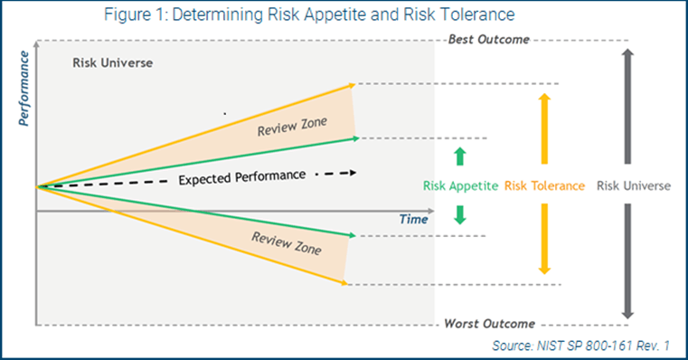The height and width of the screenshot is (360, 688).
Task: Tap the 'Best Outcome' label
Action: [488, 40]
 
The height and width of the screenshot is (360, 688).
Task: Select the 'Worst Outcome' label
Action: [488, 324]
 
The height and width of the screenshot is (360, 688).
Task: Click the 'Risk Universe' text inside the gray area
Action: [112, 63]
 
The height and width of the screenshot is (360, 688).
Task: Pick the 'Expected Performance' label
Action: [241, 176]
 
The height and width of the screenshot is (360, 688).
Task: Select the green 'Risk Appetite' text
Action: [460, 186]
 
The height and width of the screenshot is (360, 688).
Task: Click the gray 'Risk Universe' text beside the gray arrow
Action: [633, 186]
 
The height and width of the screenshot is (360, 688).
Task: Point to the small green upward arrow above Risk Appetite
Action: [459, 156]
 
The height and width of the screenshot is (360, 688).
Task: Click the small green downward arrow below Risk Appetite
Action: [459, 215]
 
